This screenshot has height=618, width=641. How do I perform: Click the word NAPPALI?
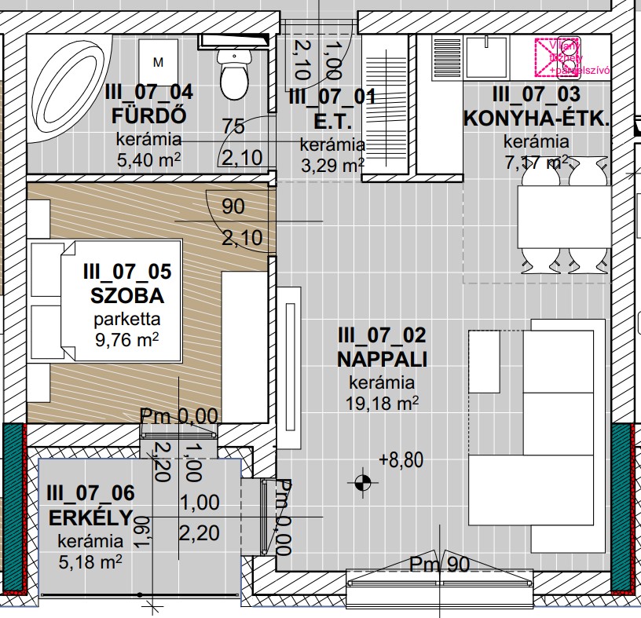click(x=382, y=360)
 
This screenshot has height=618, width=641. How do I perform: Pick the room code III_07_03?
click(x=536, y=95)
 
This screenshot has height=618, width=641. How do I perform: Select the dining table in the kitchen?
click(x=562, y=217)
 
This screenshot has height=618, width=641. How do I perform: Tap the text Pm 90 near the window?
click(x=440, y=563)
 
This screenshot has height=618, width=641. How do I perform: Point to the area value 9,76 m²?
click(x=126, y=340)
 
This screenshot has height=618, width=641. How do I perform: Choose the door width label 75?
click(x=233, y=126)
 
